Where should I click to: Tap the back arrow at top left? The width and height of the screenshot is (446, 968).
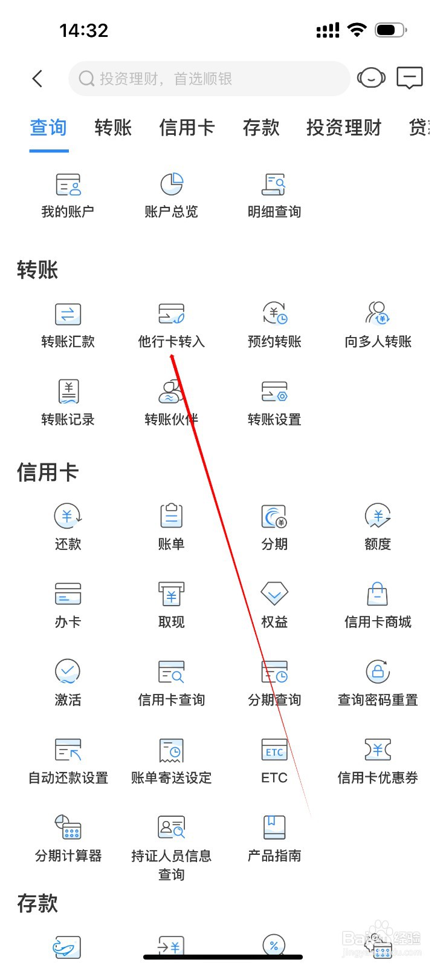click(x=37, y=79)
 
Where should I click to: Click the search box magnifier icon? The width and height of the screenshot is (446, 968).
click(x=86, y=79)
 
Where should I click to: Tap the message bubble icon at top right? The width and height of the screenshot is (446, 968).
click(x=409, y=78)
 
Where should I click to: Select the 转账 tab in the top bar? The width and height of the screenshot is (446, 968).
click(x=113, y=128)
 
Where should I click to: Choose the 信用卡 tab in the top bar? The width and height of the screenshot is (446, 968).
click(x=187, y=128)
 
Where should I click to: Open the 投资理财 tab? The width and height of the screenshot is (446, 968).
click(x=343, y=128)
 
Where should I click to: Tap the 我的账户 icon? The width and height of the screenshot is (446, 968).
click(x=68, y=185)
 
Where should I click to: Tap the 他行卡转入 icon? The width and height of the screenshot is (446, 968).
click(x=172, y=314)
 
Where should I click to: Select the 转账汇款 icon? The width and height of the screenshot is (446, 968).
click(x=68, y=314)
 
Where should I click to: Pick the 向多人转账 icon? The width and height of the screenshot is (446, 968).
click(x=378, y=314)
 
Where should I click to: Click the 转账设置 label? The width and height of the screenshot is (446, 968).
click(x=274, y=419)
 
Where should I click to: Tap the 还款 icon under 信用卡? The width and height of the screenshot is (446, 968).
click(x=68, y=516)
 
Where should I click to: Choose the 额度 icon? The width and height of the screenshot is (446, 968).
click(x=378, y=516)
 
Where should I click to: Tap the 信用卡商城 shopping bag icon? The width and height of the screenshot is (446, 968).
click(x=378, y=594)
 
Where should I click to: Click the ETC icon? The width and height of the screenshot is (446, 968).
click(x=274, y=750)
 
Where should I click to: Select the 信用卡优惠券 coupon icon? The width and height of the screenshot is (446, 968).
click(x=378, y=750)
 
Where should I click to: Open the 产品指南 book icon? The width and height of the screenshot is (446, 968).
click(x=274, y=827)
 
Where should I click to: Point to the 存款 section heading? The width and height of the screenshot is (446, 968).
click(x=37, y=903)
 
